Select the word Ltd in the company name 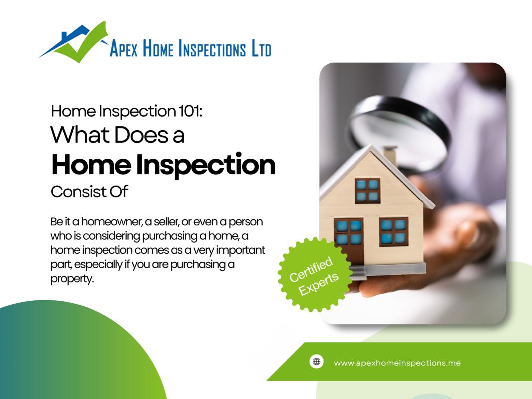pyautogui.click(x=260, y=49)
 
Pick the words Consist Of pyautogui.click(x=90, y=192)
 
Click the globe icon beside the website pyautogui.click(x=316, y=362)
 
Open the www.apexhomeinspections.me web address pyautogui.click(x=397, y=363)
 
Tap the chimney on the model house pyautogui.click(x=390, y=155)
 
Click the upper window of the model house pyautogui.click(x=367, y=190)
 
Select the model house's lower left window pyautogui.click(x=349, y=232)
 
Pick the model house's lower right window pyautogui.click(x=393, y=232)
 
